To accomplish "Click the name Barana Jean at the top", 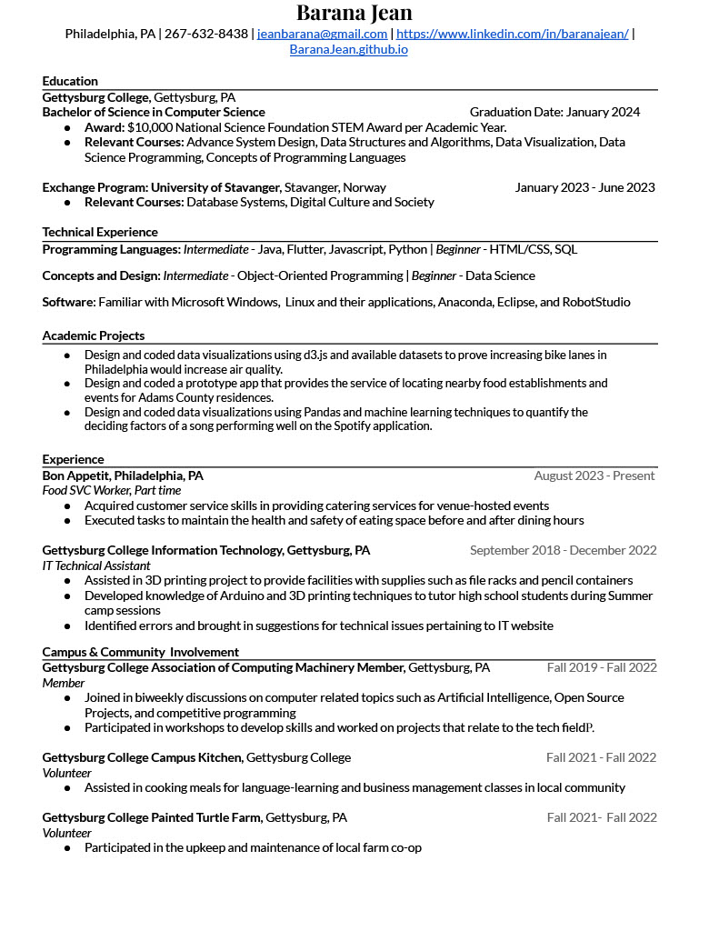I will click(x=354, y=13).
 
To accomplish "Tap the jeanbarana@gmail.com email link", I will click(x=323, y=34).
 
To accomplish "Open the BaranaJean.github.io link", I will click(x=348, y=49).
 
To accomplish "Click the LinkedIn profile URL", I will click(x=512, y=34).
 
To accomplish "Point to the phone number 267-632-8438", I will click(x=206, y=34).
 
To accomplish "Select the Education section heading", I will click(x=70, y=81).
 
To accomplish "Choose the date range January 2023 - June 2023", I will click(x=584, y=187).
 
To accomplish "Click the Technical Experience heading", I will click(x=100, y=232).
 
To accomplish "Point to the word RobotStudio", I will click(x=596, y=302).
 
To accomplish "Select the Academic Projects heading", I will click(x=93, y=335).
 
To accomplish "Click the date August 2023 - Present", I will click(x=594, y=476).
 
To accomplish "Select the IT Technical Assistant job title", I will click(x=96, y=565).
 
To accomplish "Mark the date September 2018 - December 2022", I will click(x=563, y=550).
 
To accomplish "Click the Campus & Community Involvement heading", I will click(x=140, y=652).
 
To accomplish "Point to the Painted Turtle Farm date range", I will click(x=601, y=817).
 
